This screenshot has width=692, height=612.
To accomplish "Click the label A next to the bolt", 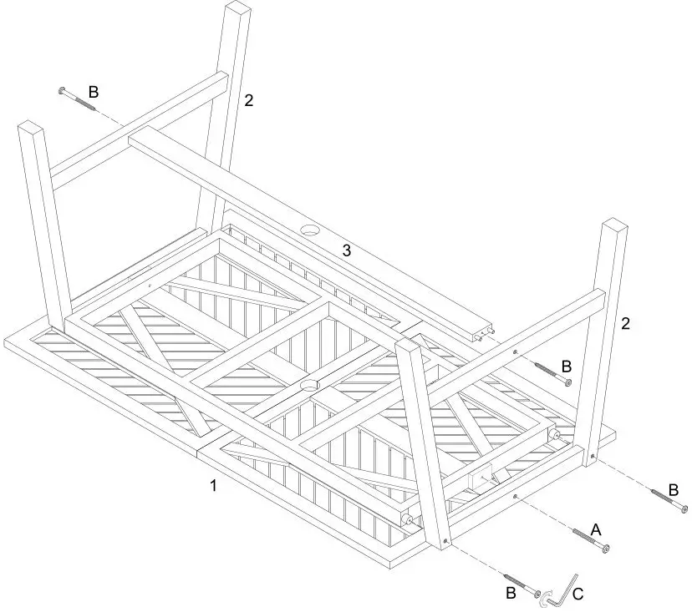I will (x=596, y=529).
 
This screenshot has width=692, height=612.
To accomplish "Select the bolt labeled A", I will (x=589, y=539).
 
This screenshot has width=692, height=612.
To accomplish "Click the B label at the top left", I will (x=94, y=92).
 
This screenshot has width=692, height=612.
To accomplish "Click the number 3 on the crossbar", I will (x=346, y=250).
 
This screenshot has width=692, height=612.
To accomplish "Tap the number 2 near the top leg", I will (x=248, y=101).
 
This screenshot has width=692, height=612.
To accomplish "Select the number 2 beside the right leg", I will (x=625, y=324).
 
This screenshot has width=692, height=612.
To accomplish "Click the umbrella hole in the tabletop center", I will (x=310, y=385).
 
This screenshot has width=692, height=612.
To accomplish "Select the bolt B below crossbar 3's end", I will (x=552, y=372).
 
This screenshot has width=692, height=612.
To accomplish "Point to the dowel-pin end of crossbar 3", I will (x=483, y=333).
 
